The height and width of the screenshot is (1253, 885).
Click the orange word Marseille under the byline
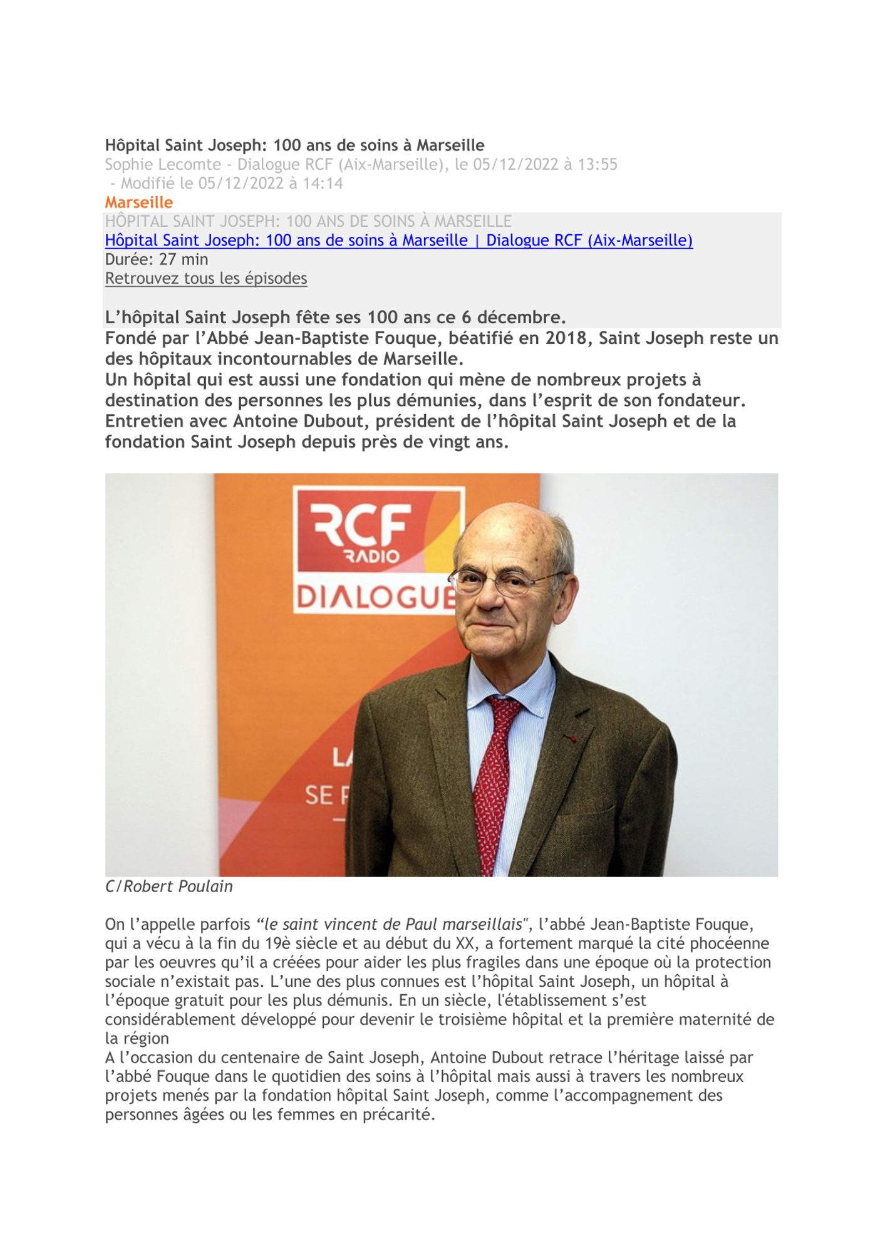pos(138,202)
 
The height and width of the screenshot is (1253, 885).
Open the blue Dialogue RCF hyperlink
pos(398,241)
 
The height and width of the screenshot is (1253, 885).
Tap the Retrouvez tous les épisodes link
pos(205,278)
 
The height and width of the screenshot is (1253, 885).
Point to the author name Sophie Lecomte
pos(163,164)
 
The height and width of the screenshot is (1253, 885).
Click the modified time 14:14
pos(323,184)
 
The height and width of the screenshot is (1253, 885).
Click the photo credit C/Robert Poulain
pos(168,886)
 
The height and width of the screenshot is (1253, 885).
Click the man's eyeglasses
pos(501,581)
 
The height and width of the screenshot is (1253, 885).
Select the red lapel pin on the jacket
pos(571,738)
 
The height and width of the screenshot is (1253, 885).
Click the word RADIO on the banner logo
pos(371,556)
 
